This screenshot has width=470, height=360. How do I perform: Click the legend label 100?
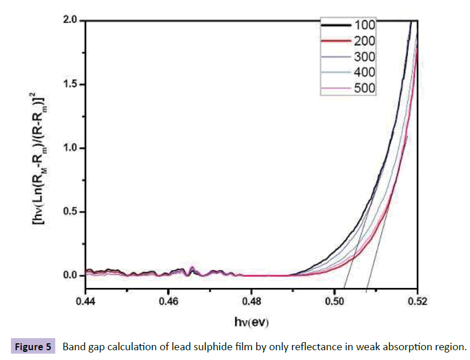365,25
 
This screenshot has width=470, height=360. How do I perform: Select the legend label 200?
365,41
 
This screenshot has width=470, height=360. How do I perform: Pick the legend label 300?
365,56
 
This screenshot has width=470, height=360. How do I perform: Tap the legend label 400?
365,72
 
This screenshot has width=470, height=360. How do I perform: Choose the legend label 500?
365,88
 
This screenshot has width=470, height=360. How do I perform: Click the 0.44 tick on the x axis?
86,300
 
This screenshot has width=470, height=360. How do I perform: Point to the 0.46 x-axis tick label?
168,300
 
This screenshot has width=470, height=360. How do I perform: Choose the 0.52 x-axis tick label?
416,300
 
